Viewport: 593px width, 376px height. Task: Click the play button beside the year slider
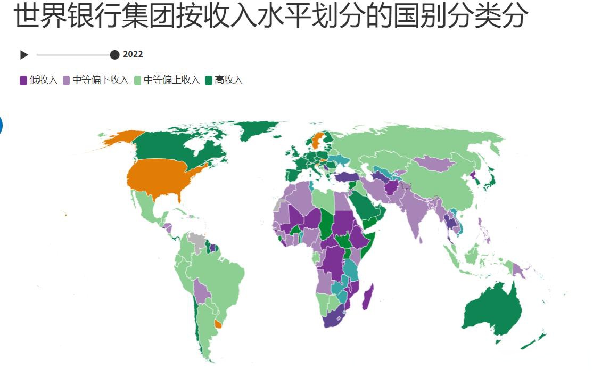click(x=24, y=54)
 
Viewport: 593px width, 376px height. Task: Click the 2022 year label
click(x=133, y=54)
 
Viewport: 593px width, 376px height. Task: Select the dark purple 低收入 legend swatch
click(x=23, y=80)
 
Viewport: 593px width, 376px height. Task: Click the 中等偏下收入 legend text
click(x=101, y=80)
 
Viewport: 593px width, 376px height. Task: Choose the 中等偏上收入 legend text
click(x=172, y=80)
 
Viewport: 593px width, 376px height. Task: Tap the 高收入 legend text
click(x=229, y=80)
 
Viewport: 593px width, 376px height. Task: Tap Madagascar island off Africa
click(x=367, y=297)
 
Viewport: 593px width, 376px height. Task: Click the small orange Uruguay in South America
click(x=218, y=324)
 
